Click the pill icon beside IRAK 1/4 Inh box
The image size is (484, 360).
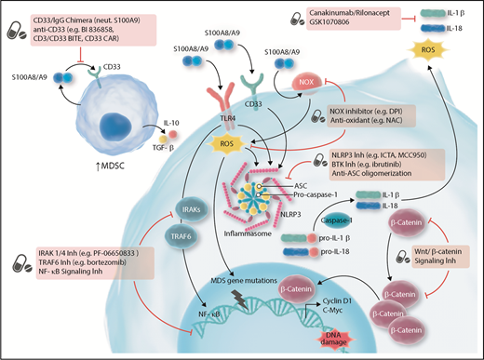point(20,265)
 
